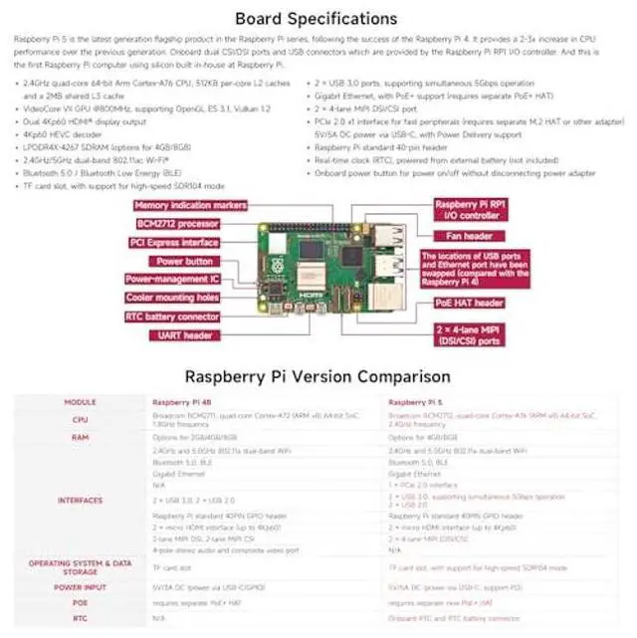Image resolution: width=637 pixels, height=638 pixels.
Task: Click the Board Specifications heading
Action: coord(316,18)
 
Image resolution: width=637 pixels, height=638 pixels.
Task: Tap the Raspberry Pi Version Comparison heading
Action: coord(318,376)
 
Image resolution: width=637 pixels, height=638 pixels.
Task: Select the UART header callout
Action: coord(185,335)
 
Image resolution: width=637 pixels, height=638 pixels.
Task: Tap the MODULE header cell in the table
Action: coord(80,402)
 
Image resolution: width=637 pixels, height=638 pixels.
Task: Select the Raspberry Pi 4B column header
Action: coord(178,402)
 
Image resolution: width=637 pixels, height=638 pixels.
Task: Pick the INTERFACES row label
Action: coord(80,500)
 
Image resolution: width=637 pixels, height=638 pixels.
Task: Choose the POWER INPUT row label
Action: coord(80,587)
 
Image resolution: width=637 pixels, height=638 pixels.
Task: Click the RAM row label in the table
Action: coord(80,436)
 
